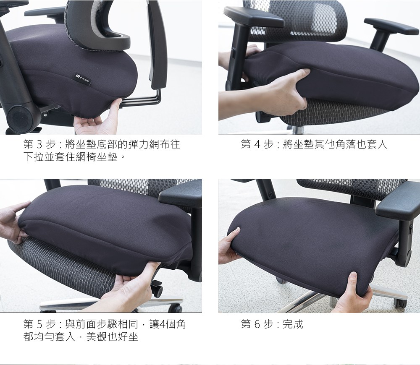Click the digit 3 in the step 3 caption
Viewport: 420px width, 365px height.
pyautogui.click(x=39, y=144)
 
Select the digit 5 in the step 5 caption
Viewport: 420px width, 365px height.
pyautogui.click(x=39, y=324)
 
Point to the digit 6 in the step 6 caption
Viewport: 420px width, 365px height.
pyautogui.click(x=257, y=324)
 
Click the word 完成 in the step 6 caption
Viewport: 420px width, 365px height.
pyautogui.click(x=293, y=324)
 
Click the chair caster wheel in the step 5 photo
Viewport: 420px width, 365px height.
pyautogui.click(x=157, y=288)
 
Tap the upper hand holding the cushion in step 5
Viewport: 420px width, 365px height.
pyautogui.click(x=12, y=222)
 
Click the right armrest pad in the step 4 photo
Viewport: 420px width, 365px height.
pyautogui.click(x=391, y=26)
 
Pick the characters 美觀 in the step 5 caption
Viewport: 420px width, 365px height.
pyautogui.click(x=97, y=336)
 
